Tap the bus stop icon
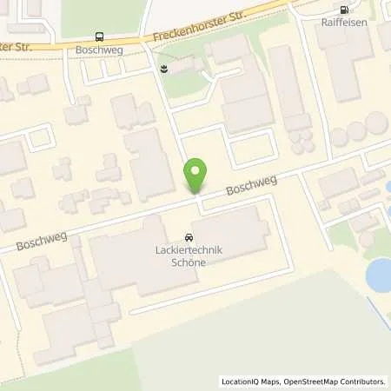tap(99, 37)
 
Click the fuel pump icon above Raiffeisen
tap(344, 10)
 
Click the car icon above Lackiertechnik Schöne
tap(189, 237)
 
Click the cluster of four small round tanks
tap(301, 140)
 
